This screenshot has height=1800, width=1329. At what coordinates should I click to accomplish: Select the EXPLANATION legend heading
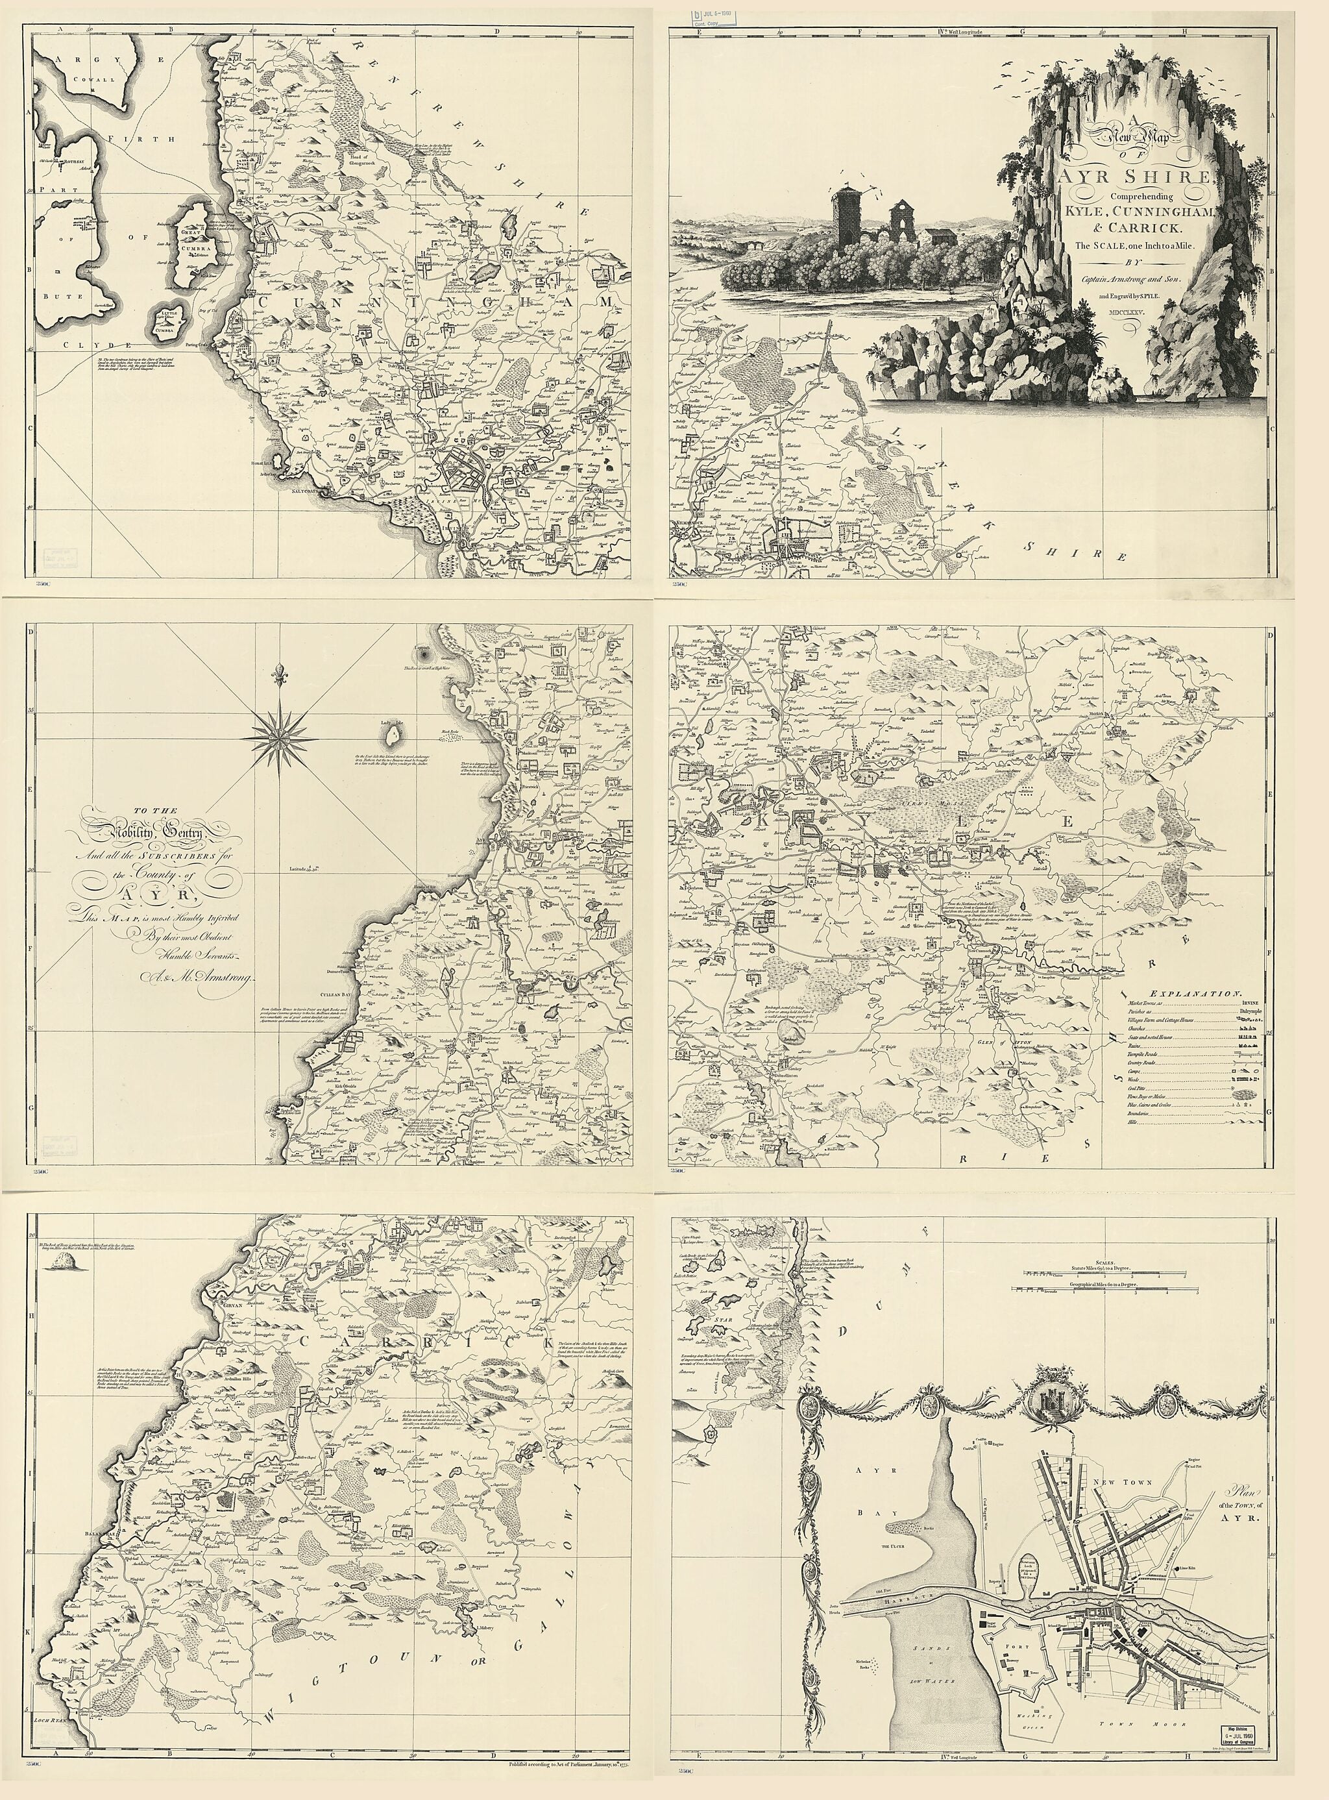[x=1195, y=994]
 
